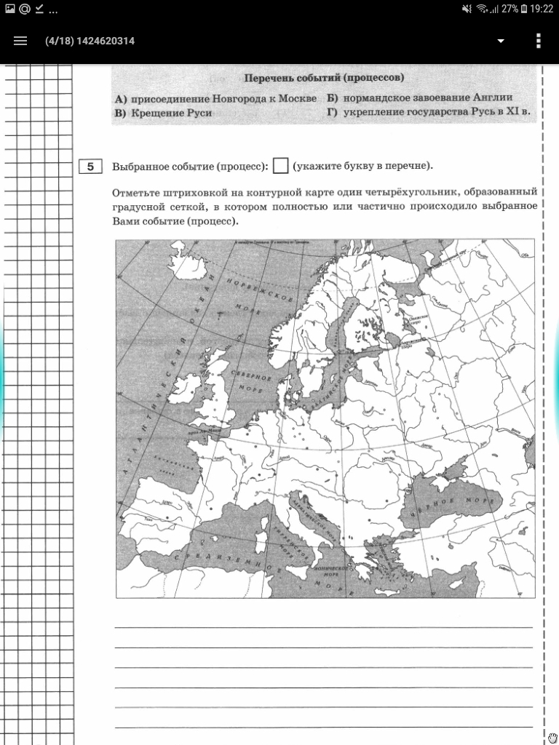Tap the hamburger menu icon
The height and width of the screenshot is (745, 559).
pos(20,41)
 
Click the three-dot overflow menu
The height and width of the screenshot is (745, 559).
pos(539,41)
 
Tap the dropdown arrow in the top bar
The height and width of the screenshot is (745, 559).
pos(501,41)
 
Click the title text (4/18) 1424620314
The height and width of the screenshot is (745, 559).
pos(90,41)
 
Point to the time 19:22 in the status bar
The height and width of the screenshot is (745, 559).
pos(542,9)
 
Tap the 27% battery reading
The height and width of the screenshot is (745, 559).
pos(510,9)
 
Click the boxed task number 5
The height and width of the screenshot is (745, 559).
pos(90,167)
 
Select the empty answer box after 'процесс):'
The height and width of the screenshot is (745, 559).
pos(280,166)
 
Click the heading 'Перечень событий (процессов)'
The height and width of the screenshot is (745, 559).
pos(324,78)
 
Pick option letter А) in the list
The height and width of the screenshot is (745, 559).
pos(120,98)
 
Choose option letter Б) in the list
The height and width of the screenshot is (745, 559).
pos(332,97)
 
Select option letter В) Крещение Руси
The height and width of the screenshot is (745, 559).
pos(120,113)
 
